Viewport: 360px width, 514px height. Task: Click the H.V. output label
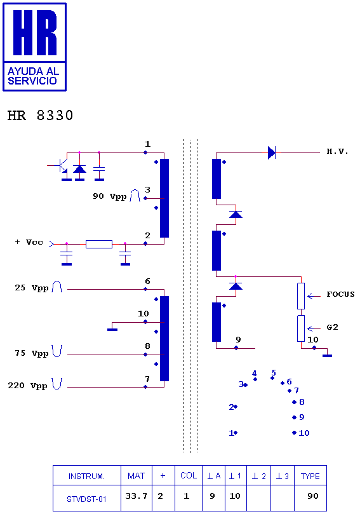pos(337,151)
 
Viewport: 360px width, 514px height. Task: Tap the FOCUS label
pos(340,294)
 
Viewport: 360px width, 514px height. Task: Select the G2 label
pos(332,327)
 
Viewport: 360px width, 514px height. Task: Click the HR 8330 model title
pos(40,116)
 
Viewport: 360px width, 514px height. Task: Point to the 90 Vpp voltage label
pos(109,196)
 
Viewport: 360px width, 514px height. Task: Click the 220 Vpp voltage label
pos(27,386)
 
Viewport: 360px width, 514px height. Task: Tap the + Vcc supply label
pos(29,242)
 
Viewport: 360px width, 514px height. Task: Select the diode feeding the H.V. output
pos(272,152)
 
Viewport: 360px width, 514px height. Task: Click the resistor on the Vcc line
pos(99,244)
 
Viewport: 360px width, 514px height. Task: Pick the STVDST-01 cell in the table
pos(86,499)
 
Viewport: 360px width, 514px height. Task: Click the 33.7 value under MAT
pos(137,496)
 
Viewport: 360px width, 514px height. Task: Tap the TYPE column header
pos(310,477)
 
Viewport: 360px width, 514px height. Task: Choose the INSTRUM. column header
pos(86,477)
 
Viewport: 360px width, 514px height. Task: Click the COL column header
pos(189,476)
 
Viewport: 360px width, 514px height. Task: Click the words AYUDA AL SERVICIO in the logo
pos(33,76)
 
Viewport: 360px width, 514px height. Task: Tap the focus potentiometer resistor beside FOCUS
pos(301,296)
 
